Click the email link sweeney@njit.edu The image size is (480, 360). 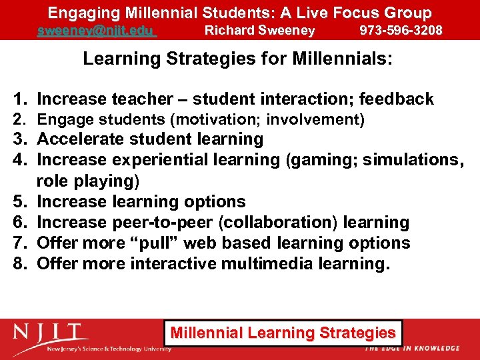[x=96, y=31]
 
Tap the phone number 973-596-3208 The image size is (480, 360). [x=401, y=31]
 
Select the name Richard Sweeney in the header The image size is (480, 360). [x=259, y=31]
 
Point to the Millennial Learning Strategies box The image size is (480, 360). [x=283, y=333]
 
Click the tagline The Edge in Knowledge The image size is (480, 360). [x=411, y=348]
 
